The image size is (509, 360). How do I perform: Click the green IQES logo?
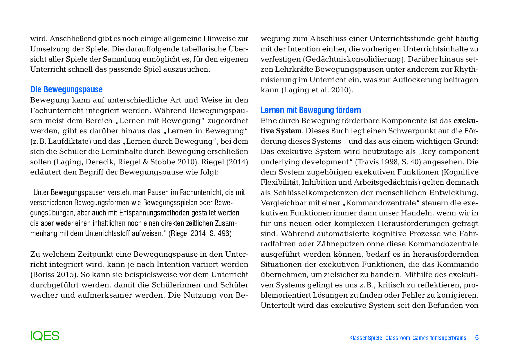(x=45, y=336)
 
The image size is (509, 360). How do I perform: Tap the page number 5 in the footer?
(x=476, y=338)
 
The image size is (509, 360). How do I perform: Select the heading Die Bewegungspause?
(x=66, y=89)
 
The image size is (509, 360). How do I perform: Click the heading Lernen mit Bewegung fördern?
(x=311, y=110)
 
